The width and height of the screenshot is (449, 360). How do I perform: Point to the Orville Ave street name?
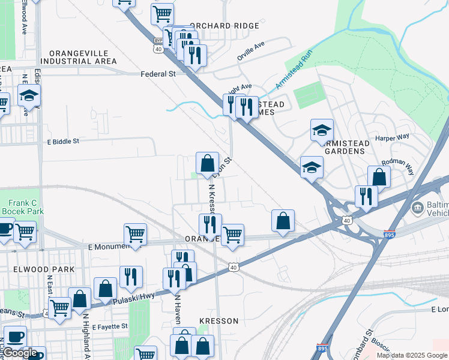point(250,46)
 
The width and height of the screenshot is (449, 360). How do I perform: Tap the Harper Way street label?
point(392,137)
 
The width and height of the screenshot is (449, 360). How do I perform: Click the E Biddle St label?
point(63,142)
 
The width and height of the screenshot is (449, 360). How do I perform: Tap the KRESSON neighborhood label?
point(219,321)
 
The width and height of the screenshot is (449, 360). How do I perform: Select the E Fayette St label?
point(108,326)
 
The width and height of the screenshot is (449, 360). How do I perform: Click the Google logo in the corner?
point(20,353)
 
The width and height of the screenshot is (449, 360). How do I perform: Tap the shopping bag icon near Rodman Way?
point(379,176)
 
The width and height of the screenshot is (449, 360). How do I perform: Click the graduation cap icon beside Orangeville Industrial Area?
point(28,95)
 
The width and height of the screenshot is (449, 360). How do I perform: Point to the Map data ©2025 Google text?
point(412,355)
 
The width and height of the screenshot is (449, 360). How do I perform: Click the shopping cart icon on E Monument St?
point(135,235)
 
